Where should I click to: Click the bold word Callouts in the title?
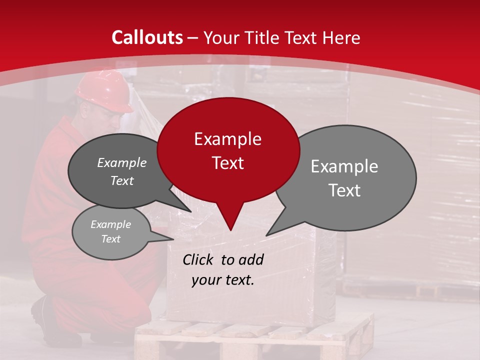147,37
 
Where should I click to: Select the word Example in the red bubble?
227,139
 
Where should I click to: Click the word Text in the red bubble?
227,163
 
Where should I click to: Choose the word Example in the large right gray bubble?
344,166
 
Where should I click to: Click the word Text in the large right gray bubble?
344,190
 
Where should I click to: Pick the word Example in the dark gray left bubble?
121,162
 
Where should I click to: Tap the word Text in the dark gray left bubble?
121,180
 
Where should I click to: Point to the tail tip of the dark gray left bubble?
190,211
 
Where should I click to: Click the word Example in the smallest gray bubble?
110,224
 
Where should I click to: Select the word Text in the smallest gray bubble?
110,239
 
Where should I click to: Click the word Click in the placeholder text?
199,259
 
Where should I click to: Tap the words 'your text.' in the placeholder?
223,280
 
